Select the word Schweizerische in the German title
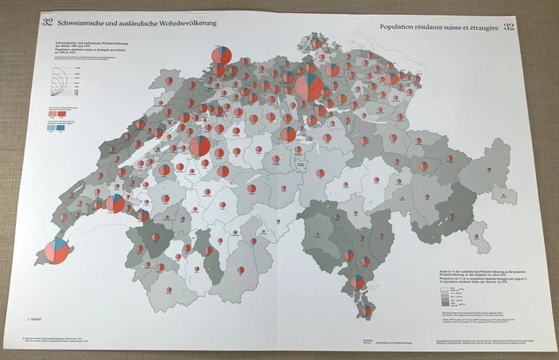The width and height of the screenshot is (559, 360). pyautogui.click(x=84, y=22)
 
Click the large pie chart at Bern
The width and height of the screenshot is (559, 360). pyautogui.click(x=199, y=144)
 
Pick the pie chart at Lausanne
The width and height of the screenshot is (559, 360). pyautogui.click(x=114, y=204)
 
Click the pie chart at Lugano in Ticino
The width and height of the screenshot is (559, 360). pyautogui.click(x=358, y=281)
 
